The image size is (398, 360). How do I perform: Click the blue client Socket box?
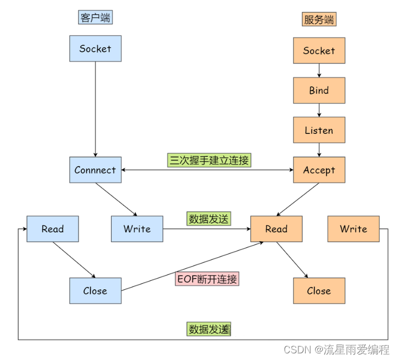click(x=95, y=49)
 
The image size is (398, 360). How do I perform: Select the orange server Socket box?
click(x=319, y=51)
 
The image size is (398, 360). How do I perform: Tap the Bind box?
click(x=319, y=91)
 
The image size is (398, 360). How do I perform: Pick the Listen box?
click(x=319, y=131)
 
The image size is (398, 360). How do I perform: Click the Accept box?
click(x=319, y=170)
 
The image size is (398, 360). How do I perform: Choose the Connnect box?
click(x=95, y=170)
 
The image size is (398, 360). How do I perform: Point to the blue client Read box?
click(x=53, y=229)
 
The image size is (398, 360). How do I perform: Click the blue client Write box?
click(x=137, y=229)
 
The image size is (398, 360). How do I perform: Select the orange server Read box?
click(x=276, y=229)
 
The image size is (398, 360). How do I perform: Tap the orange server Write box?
click(x=354, y=229)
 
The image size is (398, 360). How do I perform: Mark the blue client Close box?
click(x=95, y=291)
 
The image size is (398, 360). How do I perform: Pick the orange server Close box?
click(x=319, y=291)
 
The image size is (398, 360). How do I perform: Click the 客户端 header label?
click(x=95, y=18)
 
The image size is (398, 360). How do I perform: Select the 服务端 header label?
click(x=319, y=20)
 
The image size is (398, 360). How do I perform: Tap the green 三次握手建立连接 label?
click(x=209, y=161)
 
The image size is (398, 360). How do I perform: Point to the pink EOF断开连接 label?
click(x=207, y=279)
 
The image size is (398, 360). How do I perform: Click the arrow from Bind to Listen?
click(x=319, y=111)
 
